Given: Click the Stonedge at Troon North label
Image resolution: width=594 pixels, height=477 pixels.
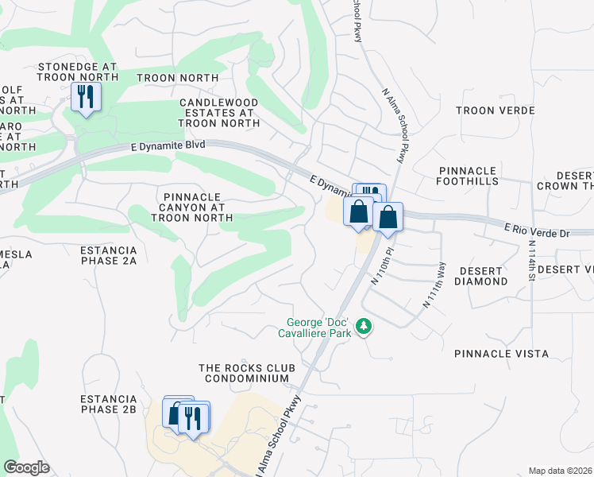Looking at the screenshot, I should (77, 72).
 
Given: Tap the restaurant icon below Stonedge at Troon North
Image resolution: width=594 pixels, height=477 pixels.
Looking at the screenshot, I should (83, 97).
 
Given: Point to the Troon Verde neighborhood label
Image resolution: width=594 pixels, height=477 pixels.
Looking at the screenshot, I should (496, 111).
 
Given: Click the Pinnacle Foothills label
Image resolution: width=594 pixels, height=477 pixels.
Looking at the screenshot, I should (468, 176).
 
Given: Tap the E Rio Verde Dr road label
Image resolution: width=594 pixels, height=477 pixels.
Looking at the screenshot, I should (537, 231).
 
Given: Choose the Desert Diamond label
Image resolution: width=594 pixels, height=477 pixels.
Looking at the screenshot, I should (481, 276).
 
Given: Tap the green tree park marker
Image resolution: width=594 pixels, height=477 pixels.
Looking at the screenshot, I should (364, 326).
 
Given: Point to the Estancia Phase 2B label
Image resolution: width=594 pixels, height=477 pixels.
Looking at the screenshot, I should (109, 403).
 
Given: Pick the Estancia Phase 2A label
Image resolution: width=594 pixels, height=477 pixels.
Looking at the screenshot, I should (109, 254).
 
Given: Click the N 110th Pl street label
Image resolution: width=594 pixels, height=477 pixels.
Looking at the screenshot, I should (383, 266).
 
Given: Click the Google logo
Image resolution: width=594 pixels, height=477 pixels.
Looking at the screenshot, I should (26, 467).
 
